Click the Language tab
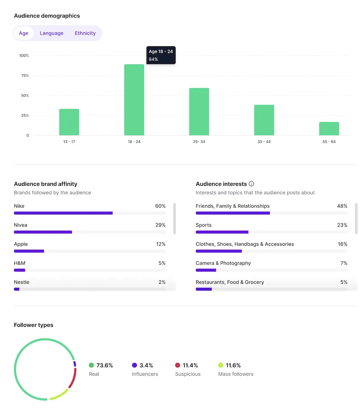pos(51,33)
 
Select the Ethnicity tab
pos(85,33)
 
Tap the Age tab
pos(24,33)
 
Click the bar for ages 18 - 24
pos(134,100)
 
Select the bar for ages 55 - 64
pos(329,129)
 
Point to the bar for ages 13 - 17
pos(69,122)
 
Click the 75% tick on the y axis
pos(25,76)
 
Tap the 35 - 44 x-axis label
pos(264,142)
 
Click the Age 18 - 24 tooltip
pos(161,55)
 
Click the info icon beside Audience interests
pos(251,184)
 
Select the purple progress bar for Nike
pos(63,213)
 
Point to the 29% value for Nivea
pos(160,225)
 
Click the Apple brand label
pos(21,244)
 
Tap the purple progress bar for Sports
pos(222,232)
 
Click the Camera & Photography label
pos(223,263)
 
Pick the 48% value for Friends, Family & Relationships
pos(342,206)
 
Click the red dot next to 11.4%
pos(178,365)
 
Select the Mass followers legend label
pos(236,374)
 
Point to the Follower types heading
pos(34,325)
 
